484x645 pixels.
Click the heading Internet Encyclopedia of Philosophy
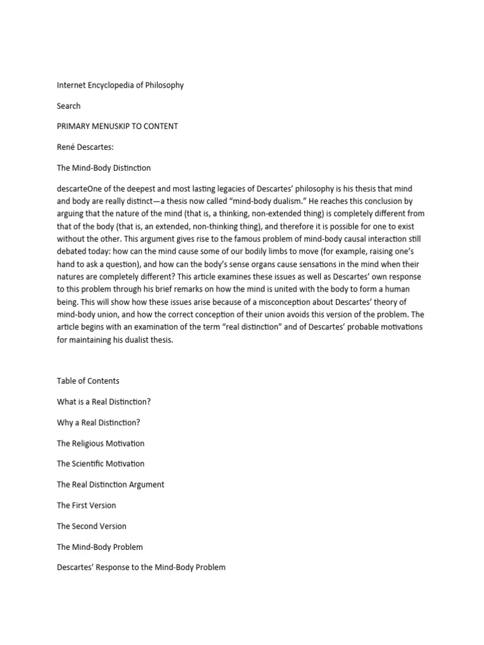click(x=120, y=85)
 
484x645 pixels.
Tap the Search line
click(x=69, y=106)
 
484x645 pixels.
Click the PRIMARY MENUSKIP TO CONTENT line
click(x=117, y=126)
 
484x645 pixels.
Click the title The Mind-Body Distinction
click(x=103, y=168)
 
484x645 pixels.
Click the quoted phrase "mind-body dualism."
click(x=275, y=202)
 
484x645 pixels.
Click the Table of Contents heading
click(x=88, y=381)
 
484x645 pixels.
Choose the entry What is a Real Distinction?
click(x=104, y=401)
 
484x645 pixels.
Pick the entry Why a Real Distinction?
click(x=98, y=422)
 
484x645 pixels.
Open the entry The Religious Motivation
click(x=100, y=443)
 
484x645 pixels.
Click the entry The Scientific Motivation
click(x=100, y=464)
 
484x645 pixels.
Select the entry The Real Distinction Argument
click(x=110, y=484)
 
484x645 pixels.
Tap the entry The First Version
click(x=86, y=505)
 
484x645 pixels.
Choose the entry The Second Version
click(x=91, y=526)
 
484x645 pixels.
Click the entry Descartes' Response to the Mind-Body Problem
click(x=141, y=567)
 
